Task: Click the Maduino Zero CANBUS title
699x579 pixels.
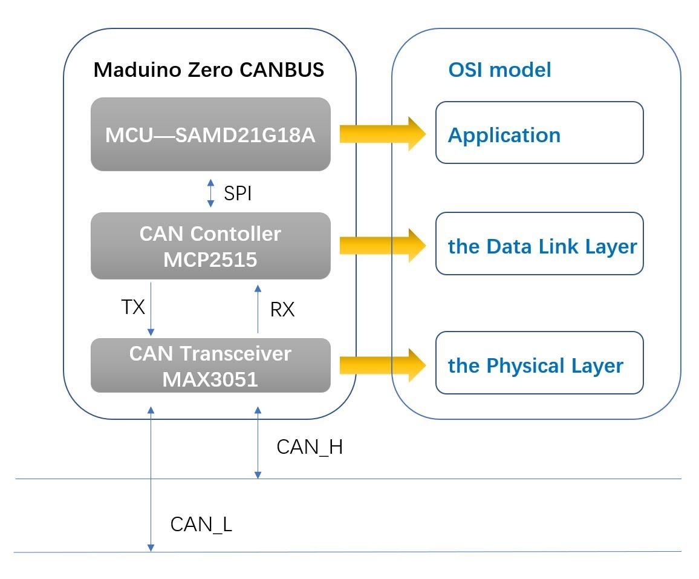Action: click(x=209, y=70)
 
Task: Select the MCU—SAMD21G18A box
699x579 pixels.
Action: click(x=210, y=134)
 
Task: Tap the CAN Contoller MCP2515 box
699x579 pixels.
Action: click(x=210, y=246)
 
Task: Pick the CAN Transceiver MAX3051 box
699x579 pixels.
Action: click(x=210, y=365)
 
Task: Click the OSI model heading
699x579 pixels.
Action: click(x=499, y=70)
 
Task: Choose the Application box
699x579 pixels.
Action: click(x=539, y=132)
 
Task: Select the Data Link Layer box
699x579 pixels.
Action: click(x=539, y=244)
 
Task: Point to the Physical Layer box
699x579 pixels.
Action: click(x=539, y=362)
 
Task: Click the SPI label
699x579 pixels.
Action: click(x=238, y=193)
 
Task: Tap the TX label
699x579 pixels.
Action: click(x=133, y=307)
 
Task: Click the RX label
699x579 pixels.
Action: click(x=282, y=309)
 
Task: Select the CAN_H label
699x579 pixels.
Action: click(x=310, y=447)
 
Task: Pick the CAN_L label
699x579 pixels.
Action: click(x=201, y=524)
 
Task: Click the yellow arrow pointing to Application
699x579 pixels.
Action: click(x=383, y=134)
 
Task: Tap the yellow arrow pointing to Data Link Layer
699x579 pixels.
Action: click(x=383, y=246)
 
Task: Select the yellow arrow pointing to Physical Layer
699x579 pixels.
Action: click(x=383, y=365)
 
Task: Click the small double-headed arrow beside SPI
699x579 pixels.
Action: click(x=211, y=193)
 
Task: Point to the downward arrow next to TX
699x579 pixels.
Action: click(x=151, y=309)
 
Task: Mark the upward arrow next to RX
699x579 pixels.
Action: click(x=258, y=309)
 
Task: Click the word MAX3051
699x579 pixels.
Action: click(x=210, y=379)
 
